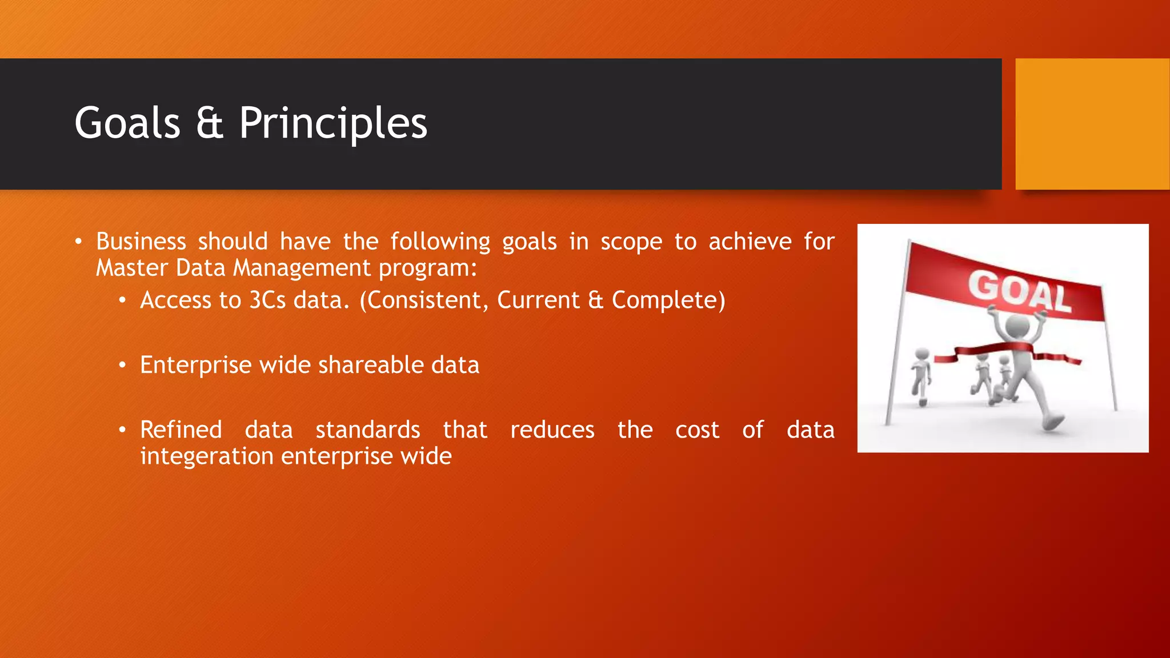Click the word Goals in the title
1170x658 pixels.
click(127, 123)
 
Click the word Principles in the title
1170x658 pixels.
click(333, 123)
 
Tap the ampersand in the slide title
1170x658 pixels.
click(209, 123)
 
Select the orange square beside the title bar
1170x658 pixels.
click(1092, 124)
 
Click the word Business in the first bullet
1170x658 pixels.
click(141, 242)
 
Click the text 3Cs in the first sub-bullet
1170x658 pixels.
click(267, 300)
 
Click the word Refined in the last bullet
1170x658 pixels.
click(181, 430)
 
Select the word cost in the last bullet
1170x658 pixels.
click(697, 430)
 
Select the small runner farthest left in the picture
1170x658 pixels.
click(920, 377)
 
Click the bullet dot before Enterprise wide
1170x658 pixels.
click(122, 365)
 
